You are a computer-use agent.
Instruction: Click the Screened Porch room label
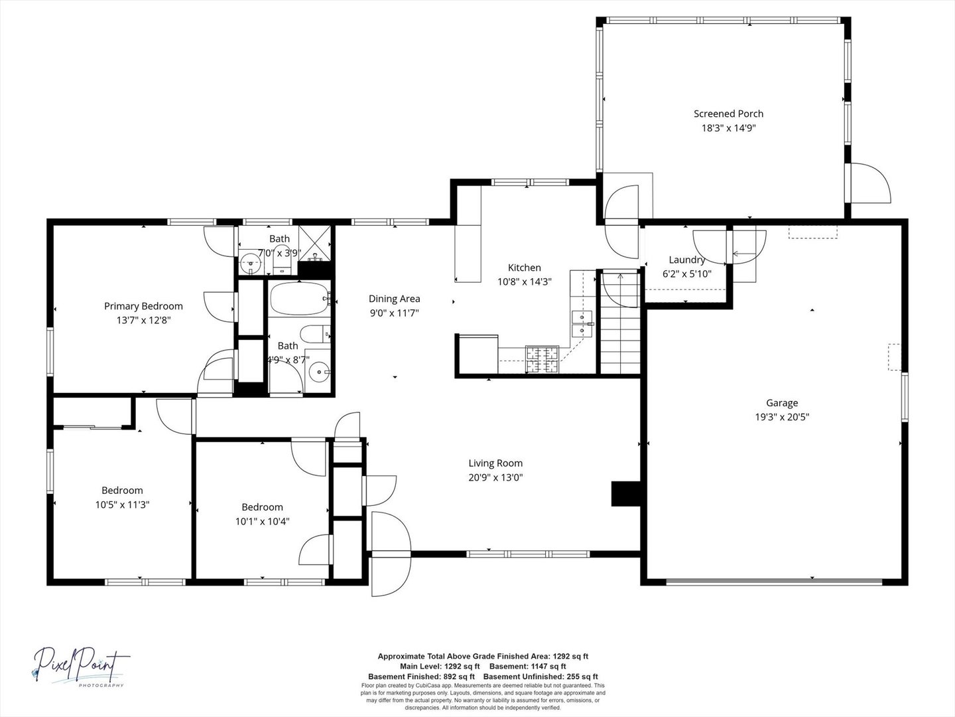pos(728,114)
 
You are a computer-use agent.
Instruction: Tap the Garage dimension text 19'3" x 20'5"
pos(782,417)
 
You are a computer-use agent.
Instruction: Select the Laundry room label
pos(686,260)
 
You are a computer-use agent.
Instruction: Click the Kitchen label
pos(524,268)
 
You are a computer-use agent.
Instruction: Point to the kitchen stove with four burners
pos(542,358)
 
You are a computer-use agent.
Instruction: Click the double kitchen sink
pos(582,323)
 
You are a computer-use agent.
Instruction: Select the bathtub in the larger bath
pos(298,299)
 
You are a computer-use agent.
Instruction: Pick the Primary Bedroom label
pos(143,306)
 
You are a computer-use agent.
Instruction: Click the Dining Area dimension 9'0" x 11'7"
pos(395,313)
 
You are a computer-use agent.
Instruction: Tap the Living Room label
pos(495,463)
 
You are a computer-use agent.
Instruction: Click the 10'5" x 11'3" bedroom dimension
pos(122,505)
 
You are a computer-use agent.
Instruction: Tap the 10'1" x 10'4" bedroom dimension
pos(262,521)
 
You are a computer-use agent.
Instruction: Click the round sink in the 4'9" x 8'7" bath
pos(320,372)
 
